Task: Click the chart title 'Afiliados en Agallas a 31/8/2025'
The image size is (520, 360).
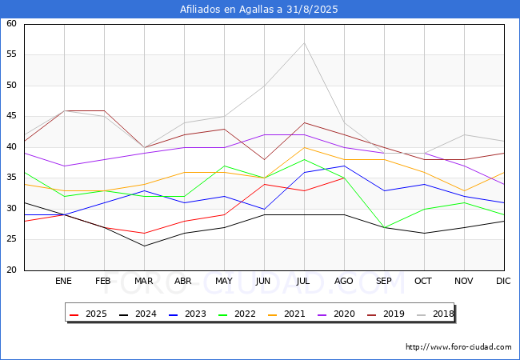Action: coord(260,10)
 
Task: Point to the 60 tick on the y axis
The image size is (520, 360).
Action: coord(11,24)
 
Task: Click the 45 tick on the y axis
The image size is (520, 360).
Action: coord(11,116)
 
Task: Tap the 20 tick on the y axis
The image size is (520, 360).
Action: coord(11,270)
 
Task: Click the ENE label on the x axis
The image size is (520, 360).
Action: coord(64,282)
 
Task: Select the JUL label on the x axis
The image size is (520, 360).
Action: coord(304,282)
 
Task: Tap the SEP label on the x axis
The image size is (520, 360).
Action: coord(384,282)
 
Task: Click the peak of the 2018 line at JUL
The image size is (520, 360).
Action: coord(304,42)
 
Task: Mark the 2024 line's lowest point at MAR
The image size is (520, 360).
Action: coord(144,246)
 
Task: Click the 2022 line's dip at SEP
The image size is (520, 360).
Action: coord(384,227)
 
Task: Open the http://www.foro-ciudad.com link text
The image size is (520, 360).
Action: coord(458,347)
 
